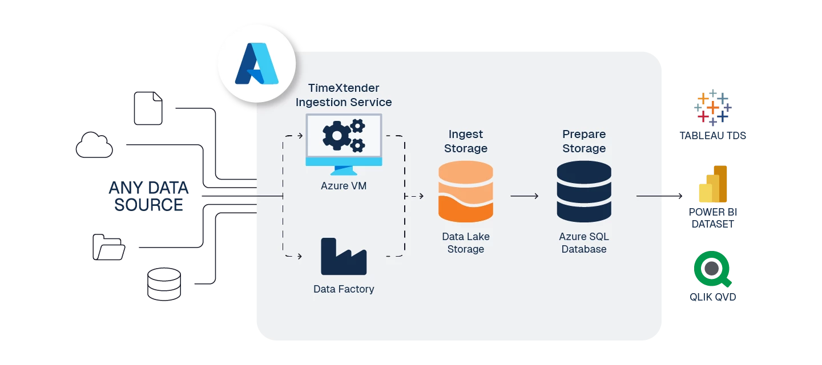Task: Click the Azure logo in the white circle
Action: click(x=256, y=64)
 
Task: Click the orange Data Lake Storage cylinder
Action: click(x=466, y=192)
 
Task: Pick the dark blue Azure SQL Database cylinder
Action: click(x=584, y=192)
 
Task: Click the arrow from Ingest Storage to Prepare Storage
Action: click(x=524, y=196)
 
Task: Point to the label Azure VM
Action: click(x=344, y=186)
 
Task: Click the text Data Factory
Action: click(x=344, y=289)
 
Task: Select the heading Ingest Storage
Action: click(x=466, y=141)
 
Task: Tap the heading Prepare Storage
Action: click(x=584, y=141)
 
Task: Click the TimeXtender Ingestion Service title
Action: click(x=344, y=95)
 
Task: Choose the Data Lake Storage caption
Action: click(x=466, y=243)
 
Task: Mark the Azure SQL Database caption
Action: click(x=584, y=243)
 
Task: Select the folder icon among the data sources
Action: click(x=109, y=248)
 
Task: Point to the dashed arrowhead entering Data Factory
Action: click(x=299, y=257)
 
